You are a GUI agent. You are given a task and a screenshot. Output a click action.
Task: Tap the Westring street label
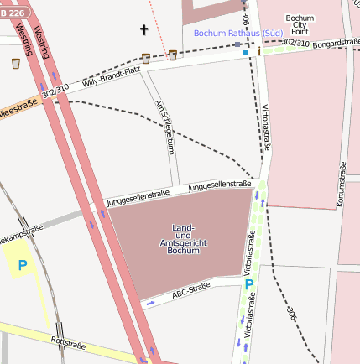click(24, 39)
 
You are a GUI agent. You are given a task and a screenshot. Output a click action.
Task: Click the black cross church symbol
click(143, 30)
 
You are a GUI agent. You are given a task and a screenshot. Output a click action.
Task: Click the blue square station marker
click(246, 53)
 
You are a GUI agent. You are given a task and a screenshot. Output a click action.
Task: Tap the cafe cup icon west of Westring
click(15, 63)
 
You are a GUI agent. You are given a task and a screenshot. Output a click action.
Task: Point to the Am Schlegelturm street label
click(165, 127)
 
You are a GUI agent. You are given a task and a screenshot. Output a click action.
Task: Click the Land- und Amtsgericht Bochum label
click(183, 240)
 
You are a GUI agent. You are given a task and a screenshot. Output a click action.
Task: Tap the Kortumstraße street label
click(342, 185)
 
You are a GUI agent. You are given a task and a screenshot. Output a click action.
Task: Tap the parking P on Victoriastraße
click(248, 284)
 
